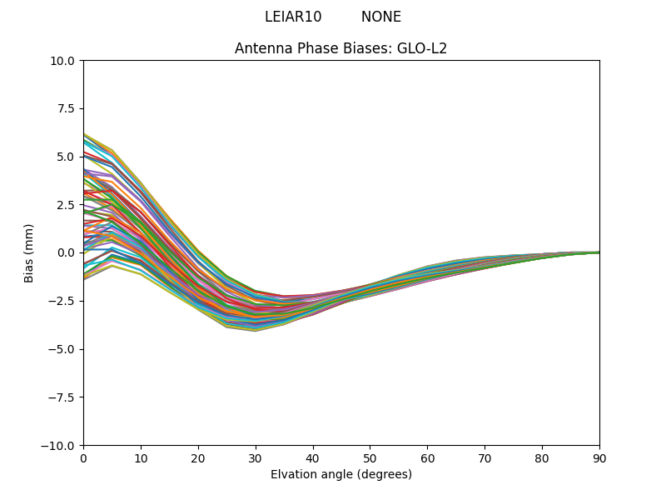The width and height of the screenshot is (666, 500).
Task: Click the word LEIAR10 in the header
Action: (293, 17)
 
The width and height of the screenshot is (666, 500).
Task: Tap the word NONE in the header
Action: (381, 17)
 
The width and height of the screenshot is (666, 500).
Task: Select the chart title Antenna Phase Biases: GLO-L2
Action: (340, 48)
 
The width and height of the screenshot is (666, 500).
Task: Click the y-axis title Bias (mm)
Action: (29, 252)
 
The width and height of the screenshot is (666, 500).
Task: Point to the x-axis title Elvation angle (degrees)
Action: (340, 474)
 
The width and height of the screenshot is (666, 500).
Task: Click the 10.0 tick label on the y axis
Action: (62, 61)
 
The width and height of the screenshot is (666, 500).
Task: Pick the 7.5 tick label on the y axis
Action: (66, 109)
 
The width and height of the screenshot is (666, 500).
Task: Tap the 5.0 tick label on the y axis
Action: (66, 157)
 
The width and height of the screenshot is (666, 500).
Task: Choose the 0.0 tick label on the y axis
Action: (66, 252)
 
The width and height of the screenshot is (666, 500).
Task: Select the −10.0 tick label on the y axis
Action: (59, 446)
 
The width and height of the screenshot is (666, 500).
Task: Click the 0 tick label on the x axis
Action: (83, 458)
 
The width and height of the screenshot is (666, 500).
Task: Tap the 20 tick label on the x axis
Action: (198, 458)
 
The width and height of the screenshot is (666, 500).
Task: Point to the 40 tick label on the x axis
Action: (313, 458)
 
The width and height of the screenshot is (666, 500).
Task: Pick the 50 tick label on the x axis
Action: (370, 458)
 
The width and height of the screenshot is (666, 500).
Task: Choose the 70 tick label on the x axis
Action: (485, 458)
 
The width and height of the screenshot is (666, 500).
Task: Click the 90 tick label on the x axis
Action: (599, 458)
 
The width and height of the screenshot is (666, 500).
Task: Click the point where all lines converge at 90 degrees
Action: (599, 252)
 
